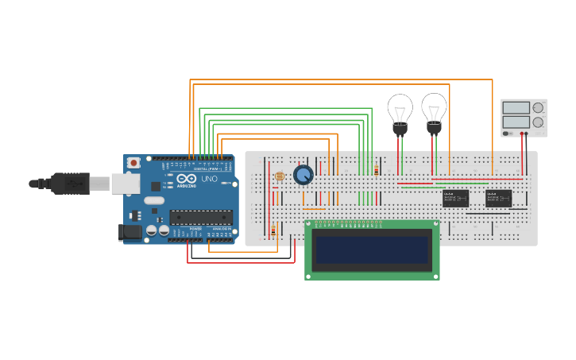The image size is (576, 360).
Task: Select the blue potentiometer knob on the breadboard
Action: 303,175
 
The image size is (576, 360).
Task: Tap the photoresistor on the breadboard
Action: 278,176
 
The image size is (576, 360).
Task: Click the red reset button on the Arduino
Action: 133,163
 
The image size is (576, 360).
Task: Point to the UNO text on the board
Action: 209,180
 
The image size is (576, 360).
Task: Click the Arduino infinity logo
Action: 187,180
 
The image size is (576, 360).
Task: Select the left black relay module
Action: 455,198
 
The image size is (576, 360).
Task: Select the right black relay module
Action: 498,198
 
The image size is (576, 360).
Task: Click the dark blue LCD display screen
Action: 372,250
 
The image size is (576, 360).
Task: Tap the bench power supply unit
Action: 524,117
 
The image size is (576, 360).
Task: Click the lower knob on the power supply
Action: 538,122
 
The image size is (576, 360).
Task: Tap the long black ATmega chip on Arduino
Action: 201,217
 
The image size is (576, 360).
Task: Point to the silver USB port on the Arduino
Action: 123,184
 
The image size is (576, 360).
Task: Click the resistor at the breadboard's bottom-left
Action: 273,231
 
